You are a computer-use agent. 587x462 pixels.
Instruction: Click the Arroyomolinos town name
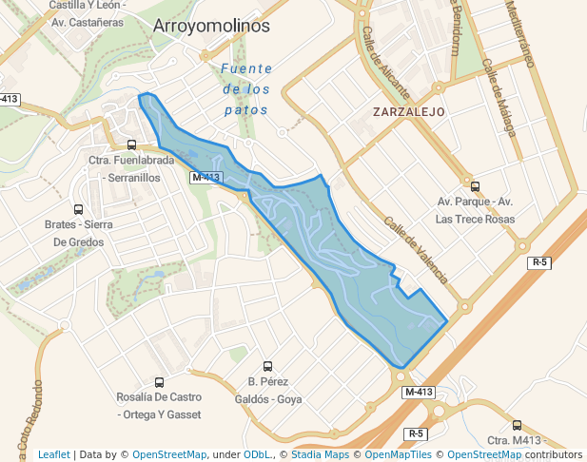pyautogui.click(x=211, y=27)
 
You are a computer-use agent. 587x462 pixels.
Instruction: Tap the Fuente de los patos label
pyautogui.click(x=245, y=88)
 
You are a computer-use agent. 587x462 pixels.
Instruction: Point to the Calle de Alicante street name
pyautogui.click(x=384, y=63)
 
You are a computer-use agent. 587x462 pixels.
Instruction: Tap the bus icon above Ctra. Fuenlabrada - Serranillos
pyautogui.click(x=131, y=145)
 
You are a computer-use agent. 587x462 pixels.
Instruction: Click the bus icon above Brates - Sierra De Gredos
pyautogui.click(x=78, y=209)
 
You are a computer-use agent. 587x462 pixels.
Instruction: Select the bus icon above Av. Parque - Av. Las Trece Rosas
pyautogui.click(x=475, y=186)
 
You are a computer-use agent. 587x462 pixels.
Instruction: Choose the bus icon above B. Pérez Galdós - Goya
pyautogui.click(x=267, y=366)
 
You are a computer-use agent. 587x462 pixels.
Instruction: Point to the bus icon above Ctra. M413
pyautogui.click(x=517, y=425)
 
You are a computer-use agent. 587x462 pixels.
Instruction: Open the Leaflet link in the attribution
pyautogui.click(x=54, y=454)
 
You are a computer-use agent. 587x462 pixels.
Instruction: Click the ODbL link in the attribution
pyautogui.click(x=256, y=454)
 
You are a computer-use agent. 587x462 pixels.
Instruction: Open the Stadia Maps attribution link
pyautogui.click(x=318, y=454)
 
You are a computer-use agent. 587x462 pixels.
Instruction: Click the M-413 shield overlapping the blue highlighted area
pyautogui.click(x=205, y=178)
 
